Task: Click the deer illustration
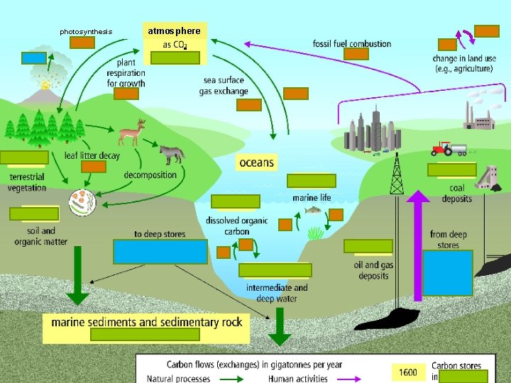[131, 133]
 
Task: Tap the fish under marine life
[312, 210]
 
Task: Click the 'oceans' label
[256, 162]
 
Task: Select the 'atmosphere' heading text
[174, 31]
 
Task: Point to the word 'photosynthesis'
[86, 31]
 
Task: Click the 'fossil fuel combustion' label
[352, 44]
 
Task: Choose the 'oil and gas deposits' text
[373, 270]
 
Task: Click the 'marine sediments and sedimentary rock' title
[147, 322]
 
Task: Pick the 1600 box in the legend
[408, 372]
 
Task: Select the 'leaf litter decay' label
[92, 155]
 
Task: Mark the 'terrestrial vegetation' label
[27, 182]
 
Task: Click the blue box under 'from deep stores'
[447, 273]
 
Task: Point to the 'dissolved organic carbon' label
[237, 226]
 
